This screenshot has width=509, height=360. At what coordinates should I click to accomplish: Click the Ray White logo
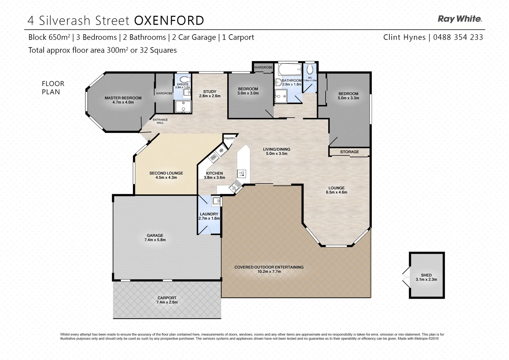click(x=459, y=19)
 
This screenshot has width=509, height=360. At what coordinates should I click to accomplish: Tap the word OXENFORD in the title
click(x=169, y=21)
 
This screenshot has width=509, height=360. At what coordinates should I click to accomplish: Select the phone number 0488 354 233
click(x=458, y=37)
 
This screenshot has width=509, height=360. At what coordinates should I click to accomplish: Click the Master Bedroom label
click(x=123, y=98)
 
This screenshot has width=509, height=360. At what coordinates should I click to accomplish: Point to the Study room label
click(x=210, y=92)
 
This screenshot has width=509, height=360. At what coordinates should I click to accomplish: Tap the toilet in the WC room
click(x=310, y=69)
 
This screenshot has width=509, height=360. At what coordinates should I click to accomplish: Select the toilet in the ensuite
click(x=183, y=79)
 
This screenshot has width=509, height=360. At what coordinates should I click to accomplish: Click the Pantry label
click(x=229, y=138)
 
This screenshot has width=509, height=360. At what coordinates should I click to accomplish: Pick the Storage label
click(x=349, y=152)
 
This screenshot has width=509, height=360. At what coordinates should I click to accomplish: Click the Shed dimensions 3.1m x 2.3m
click(x=426, y=280)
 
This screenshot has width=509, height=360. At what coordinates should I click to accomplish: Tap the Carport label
click(x=167, y=298)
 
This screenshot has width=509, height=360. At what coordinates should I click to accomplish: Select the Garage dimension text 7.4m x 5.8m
click(x=155, y=240)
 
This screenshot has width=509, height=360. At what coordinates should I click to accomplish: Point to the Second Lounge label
click(x=166, y=173)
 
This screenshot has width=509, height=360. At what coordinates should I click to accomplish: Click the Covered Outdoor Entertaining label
click(x=269, y=267)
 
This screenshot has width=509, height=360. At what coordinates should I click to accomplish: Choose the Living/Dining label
click(x=276, y=149)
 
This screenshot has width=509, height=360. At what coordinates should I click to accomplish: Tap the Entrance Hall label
click(x=160, y=121)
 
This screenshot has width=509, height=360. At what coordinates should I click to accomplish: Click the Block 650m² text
click(x=49, y=37)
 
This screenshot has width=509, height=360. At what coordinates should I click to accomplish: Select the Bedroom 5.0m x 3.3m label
click(x=348, y=94)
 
